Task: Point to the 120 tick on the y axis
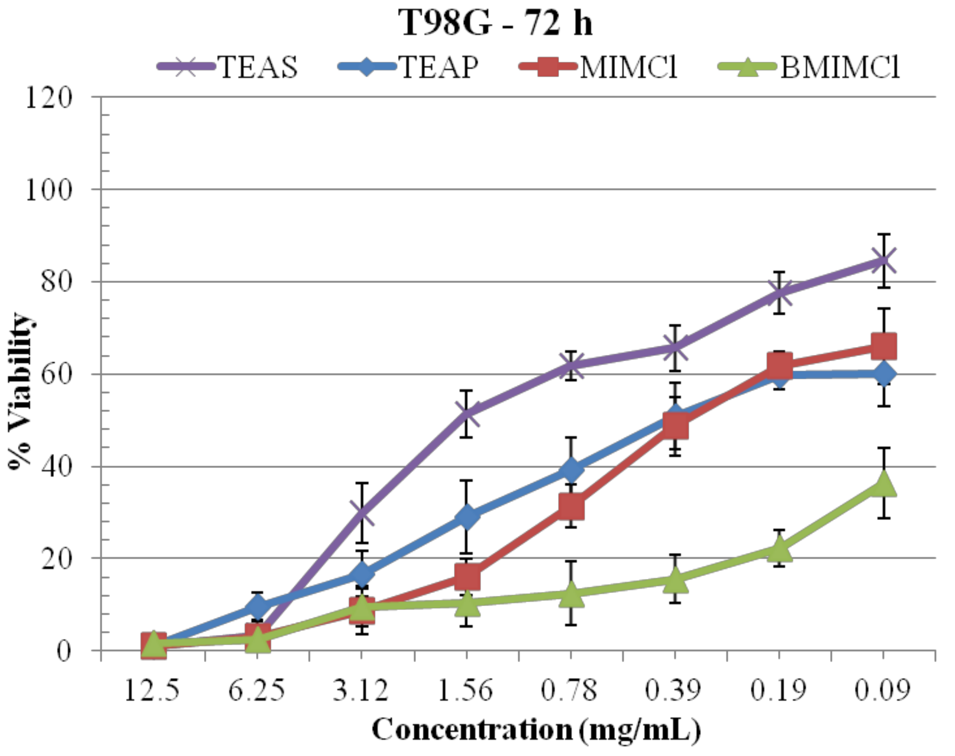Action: (x=49, y=97)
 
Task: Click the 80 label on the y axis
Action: (x=57, y=281)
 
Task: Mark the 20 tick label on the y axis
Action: (x=57, y=559)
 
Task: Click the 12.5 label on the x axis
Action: (x=152, y=690)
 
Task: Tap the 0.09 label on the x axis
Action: (x=883, y=690)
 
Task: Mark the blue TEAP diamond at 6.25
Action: (x=258, y=606)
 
